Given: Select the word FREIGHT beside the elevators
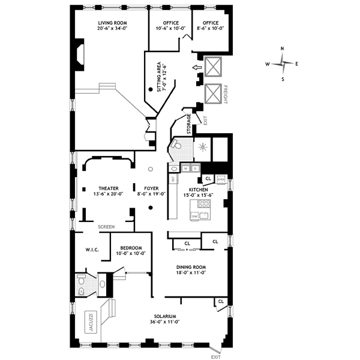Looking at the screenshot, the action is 226,95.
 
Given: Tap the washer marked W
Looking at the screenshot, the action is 186,169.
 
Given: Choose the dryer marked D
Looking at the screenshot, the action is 195,169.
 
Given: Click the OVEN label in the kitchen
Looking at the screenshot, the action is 220,178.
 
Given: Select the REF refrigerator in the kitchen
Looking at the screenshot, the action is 173,179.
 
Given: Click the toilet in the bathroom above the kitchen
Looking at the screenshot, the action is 176,145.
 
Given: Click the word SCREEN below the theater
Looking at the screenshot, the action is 106,227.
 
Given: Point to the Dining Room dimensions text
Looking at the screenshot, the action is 191,273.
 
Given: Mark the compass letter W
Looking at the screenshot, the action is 268,63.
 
